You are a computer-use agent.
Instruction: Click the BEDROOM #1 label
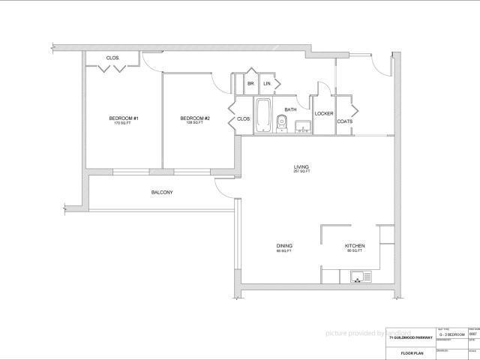tap(122, 118)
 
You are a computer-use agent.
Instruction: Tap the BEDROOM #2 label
tap(195, 118)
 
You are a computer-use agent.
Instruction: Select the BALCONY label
tap(162, 193)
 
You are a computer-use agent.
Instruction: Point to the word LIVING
tap(301, 166)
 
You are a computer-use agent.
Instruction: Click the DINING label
tap(284, 246)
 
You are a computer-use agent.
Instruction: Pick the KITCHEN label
tap(355, 246)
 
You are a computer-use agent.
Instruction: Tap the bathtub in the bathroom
tap(264, 116)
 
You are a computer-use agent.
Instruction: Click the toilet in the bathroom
tap(282, 121)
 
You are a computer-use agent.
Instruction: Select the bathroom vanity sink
tap(302, 125)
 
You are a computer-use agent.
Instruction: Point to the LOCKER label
tap(324, 114)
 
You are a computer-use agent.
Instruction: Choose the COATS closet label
tap(345, 121)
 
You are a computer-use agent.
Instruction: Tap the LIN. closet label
tap(266, 83)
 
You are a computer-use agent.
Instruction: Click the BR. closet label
tap(251, 83)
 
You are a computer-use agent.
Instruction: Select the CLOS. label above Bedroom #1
tap(113, 58)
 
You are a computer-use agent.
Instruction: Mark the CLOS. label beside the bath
tap(244, 118)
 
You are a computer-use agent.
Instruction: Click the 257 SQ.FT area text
tap(301, 172)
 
